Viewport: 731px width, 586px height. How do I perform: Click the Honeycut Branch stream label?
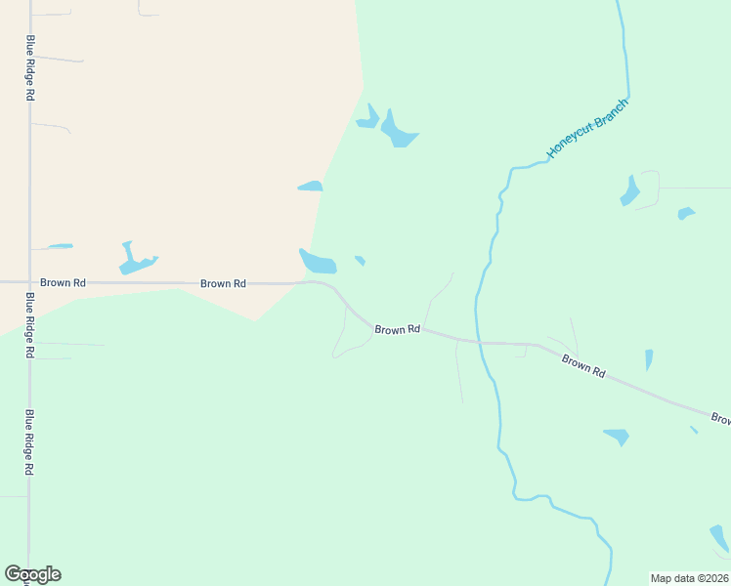587,128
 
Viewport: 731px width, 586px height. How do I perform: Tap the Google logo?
32,574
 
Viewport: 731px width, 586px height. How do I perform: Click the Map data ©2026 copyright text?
689,578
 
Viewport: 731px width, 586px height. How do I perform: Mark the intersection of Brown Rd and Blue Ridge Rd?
29,282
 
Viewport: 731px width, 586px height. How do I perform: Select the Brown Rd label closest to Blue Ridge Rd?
63,282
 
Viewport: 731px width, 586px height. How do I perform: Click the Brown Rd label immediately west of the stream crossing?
397,330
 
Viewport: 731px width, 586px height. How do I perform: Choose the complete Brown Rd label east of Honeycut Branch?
583,366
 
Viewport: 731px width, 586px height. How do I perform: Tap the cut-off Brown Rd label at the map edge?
721,418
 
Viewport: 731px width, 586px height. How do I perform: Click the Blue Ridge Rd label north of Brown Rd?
30,68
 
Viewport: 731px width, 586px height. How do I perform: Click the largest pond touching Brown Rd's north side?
318,262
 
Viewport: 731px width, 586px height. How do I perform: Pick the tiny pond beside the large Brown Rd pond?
360,260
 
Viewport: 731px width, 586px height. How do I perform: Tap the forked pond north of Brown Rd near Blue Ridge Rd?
134,260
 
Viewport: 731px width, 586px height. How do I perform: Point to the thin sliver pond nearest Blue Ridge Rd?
61,246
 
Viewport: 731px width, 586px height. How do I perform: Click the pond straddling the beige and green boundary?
311,186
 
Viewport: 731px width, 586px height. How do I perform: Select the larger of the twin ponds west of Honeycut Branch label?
398,130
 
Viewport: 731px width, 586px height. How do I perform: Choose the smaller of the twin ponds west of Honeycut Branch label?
368,118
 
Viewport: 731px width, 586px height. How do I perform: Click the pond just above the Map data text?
719,537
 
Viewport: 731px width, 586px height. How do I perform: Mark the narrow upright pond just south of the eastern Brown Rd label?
649,360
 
